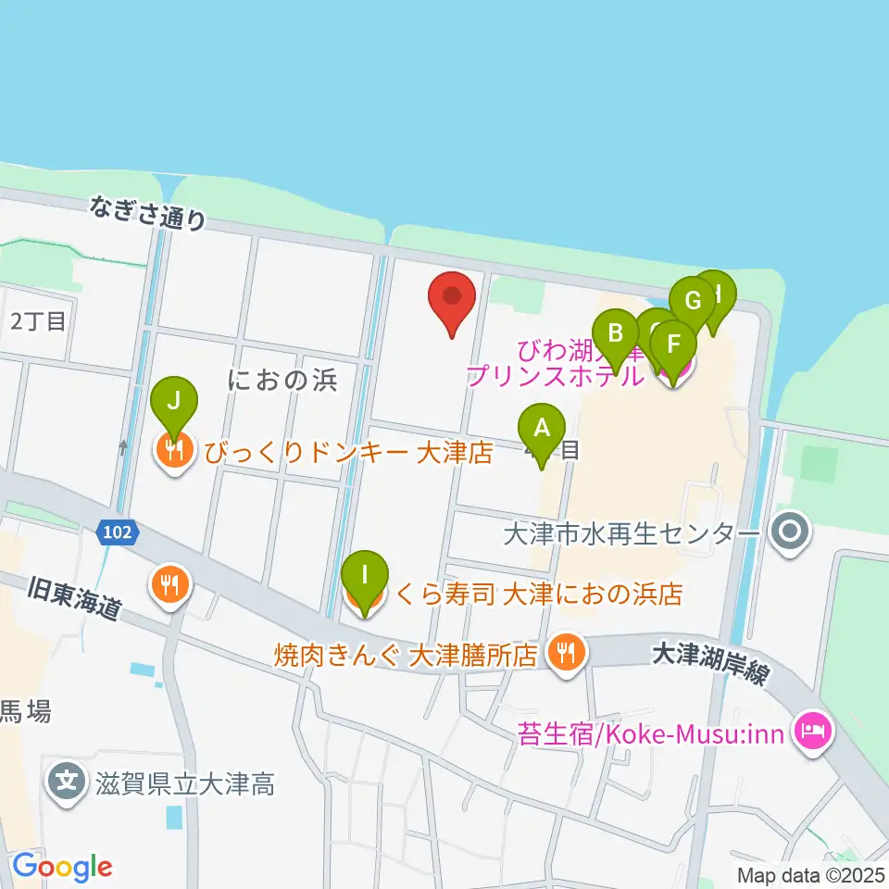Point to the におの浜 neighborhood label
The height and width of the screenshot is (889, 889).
coord(282,380)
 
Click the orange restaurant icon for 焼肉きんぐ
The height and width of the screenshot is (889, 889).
coord(565,655)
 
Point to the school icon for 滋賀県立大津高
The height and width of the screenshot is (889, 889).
coord(67,784)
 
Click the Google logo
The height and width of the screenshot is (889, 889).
coord(62,868)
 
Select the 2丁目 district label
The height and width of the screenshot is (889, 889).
coord(38,321)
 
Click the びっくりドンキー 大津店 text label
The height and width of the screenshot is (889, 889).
coord(348,454)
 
